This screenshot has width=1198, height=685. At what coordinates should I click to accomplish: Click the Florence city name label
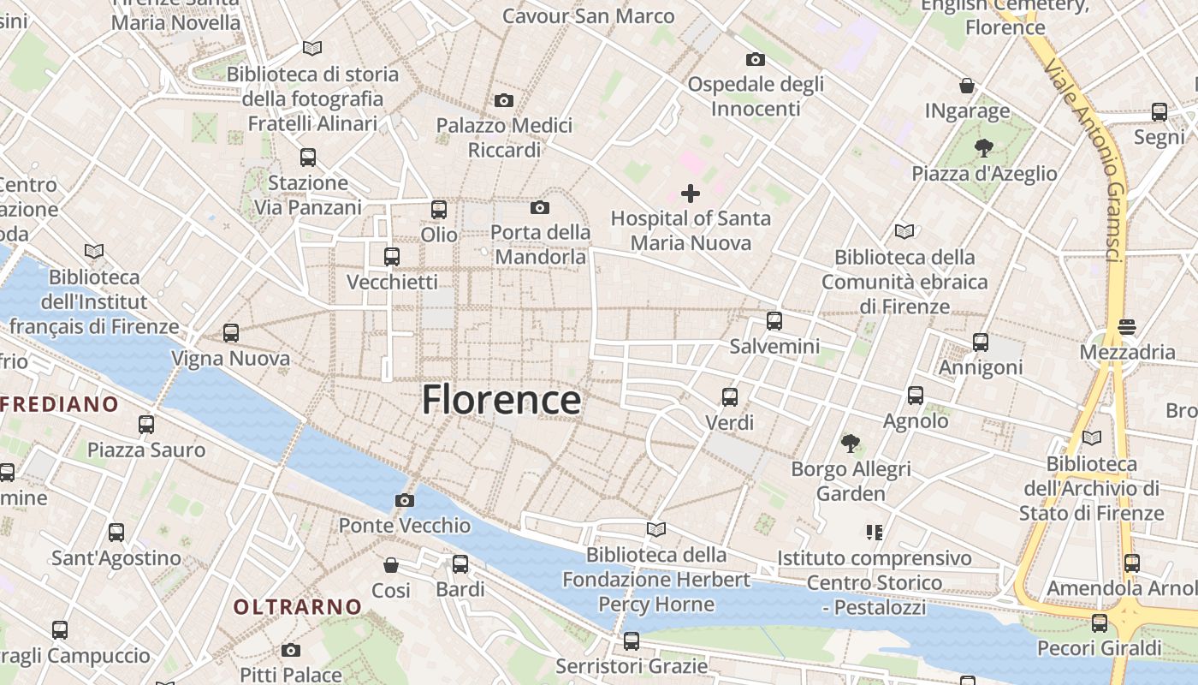click(x=501, y=400)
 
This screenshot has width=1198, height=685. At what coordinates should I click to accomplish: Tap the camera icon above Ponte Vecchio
click(x=405, y=500)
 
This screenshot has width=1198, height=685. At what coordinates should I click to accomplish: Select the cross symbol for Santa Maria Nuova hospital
click(x=691, y=194)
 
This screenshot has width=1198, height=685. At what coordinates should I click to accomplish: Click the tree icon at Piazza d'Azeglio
click(x=984, y=147)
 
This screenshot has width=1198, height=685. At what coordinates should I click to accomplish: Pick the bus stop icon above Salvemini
click(x=774, y=321)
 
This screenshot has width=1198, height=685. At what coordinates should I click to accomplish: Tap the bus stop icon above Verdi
click(x=730, y=397)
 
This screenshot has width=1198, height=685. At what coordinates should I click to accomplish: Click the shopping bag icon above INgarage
click(x=967, y=86)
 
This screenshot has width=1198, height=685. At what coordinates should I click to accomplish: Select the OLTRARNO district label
click(x=298, y=607)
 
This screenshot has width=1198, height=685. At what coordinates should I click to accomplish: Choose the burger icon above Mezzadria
click(x=1127, y=326)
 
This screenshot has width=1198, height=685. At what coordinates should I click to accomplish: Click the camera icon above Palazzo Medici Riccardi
click(x=504, y=100)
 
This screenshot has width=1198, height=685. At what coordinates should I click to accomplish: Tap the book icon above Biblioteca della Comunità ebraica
click(x=904, y=231)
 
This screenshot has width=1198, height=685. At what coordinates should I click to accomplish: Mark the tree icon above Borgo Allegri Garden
click(x=850, y=443)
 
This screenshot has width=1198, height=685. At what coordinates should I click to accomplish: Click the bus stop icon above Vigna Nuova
click(x=231, y=333)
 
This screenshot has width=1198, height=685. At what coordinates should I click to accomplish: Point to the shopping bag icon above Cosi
click(x=391, y=565)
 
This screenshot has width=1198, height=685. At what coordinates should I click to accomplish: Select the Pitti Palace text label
click(x=291, y=675)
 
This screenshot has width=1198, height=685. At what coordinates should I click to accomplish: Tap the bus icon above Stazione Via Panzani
click(x=308, y=158)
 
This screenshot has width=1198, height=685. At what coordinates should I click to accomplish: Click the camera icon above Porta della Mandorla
click(x=540, y=207)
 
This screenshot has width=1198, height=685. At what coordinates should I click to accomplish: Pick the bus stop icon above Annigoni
click(x=981, y=342)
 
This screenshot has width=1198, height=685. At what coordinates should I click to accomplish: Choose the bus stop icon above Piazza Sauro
click(x=146, y=425)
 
